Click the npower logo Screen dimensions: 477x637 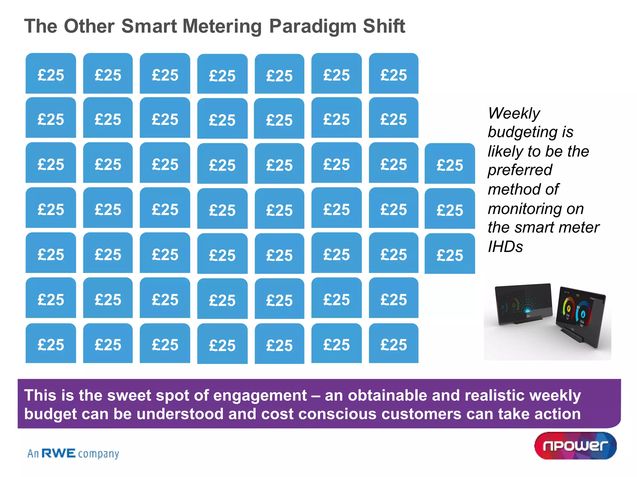(x=575, y=446)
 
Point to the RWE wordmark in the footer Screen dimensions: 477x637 (x=59, y=453)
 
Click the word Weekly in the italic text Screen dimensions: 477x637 (x=514, y=113)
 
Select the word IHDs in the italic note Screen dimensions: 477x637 (x=505, y=247)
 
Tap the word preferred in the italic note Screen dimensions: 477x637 (x=520, y=170)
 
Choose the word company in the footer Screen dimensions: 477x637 (x=98, y=454)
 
